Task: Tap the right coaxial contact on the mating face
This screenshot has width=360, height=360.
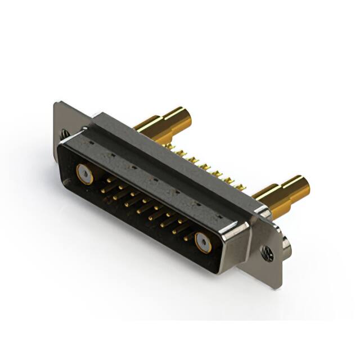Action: [202, 242]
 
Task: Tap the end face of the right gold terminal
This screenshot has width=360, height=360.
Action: [303, 184]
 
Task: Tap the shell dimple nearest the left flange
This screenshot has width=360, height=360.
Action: [89, 143]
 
